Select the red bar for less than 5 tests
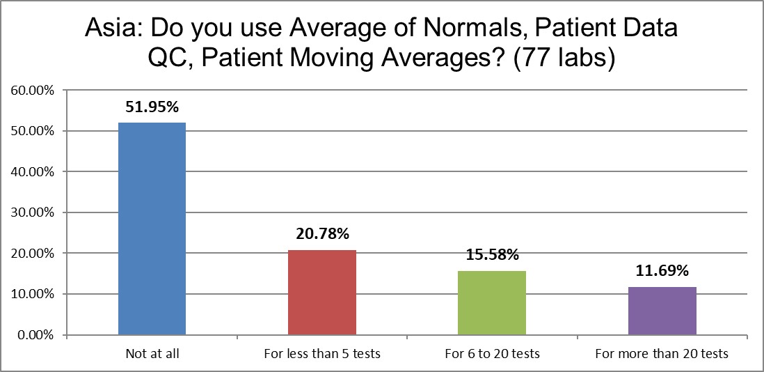[322, 293]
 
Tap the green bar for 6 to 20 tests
[492, 303]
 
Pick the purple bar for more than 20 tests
[662, 311]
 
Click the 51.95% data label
[152, 107]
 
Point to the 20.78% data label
[322, 235]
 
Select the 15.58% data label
[492, 256]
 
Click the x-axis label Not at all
[152, 354]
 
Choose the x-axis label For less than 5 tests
[322, 354]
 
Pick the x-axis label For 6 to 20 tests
[492, 354]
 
